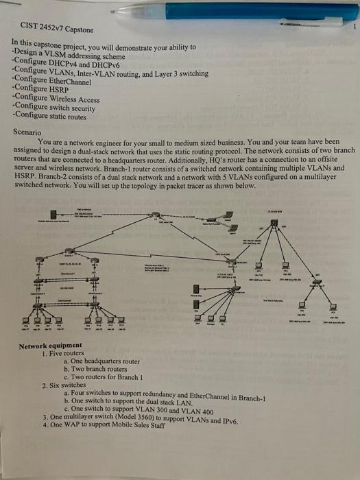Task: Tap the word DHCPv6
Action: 102,62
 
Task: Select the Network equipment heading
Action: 50,346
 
